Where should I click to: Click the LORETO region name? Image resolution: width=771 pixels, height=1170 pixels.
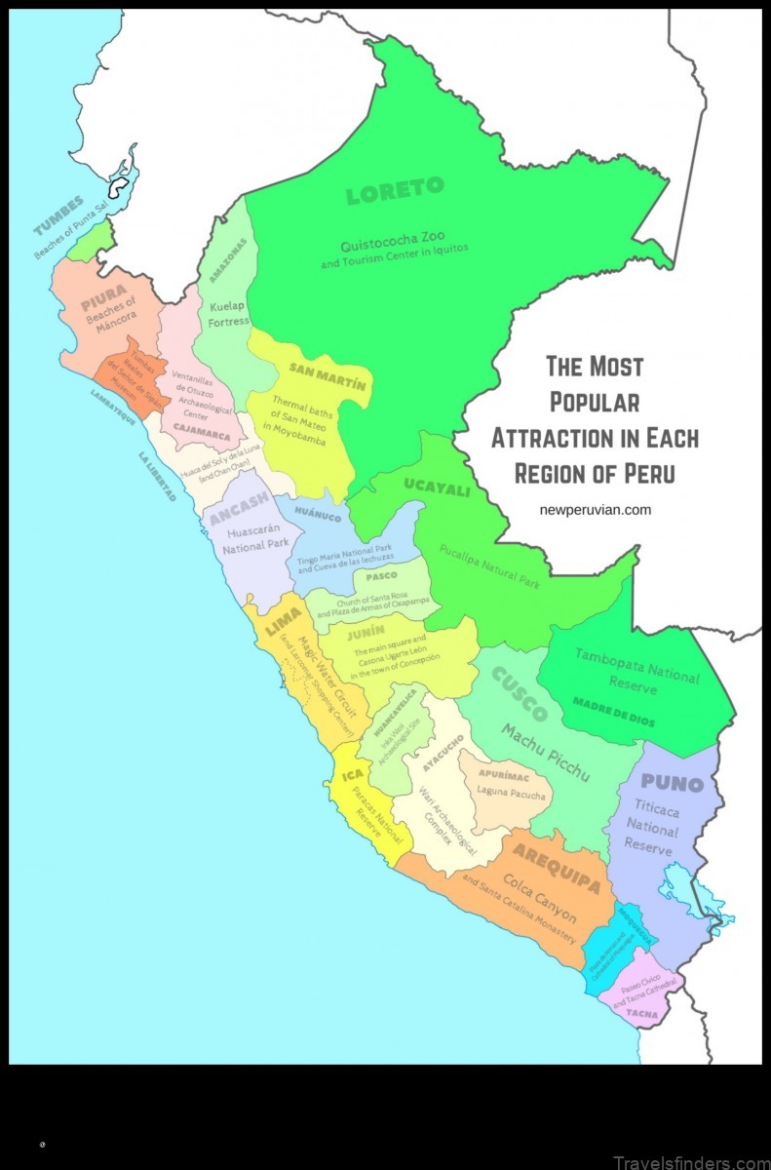pos(395,189)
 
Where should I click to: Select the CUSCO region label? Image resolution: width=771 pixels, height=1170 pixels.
pos(519,694)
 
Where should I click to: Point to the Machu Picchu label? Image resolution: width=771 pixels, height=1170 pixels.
pos(547,752)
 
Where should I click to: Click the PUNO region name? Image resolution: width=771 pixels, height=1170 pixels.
pos(673,783)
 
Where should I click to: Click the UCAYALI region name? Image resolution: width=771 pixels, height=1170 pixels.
pos(438,488)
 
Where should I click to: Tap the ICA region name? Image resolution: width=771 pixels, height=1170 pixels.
pos(353,776)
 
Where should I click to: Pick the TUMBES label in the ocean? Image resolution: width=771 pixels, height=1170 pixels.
pos(58,214)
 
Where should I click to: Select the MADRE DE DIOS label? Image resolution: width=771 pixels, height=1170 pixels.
pos(614,713)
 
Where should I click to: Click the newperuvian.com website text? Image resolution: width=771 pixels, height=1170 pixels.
pos(595,509)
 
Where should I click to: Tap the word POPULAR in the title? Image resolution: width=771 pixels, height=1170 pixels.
pos(595,401)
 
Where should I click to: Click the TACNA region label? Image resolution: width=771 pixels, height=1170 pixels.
pos(641,1014)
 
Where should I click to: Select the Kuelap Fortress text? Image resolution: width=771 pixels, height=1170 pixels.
pos(229,313)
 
